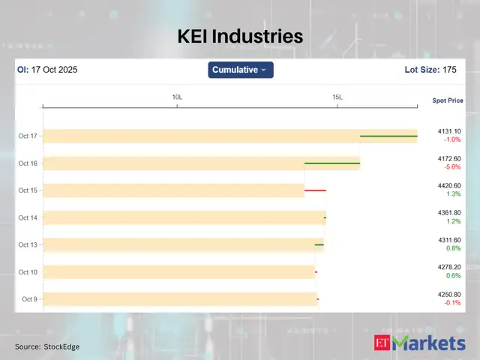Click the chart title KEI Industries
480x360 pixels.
240,35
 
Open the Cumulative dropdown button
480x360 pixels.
240,70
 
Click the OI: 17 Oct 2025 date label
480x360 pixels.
47,70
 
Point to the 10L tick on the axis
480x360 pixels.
178,97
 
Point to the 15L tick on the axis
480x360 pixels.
338,97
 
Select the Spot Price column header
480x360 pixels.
448,100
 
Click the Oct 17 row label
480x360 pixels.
28,136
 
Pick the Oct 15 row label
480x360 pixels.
28,190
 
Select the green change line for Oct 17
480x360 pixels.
388,136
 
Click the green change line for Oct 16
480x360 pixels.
332,163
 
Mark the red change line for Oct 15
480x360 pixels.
315,190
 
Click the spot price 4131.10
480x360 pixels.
449,131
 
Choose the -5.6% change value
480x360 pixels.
451,167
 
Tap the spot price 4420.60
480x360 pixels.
449,185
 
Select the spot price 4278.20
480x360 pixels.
449,267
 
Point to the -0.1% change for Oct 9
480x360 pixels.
451,303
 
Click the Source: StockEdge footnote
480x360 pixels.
47,346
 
